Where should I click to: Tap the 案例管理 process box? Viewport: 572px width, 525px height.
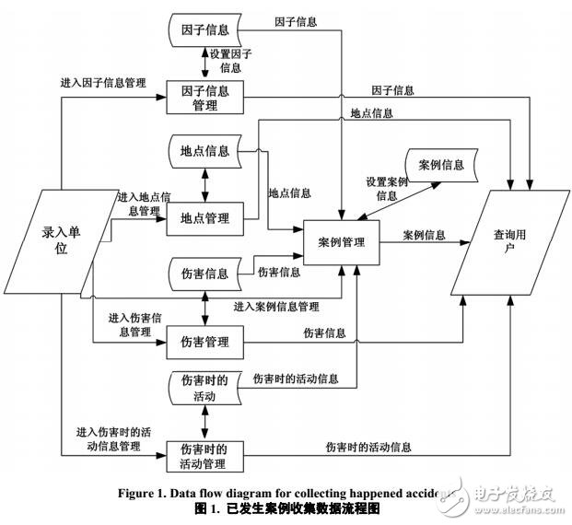[342, 242]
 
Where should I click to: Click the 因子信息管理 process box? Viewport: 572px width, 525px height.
[204, 98]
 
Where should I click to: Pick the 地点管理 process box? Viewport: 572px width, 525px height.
[204, 217]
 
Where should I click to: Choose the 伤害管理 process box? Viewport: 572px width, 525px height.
[204, 343]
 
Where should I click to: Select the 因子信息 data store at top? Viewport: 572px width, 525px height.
[204, 29]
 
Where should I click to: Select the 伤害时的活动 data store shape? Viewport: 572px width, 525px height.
[204, 388]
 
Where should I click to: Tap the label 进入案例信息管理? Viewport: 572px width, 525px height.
[275, 306]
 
